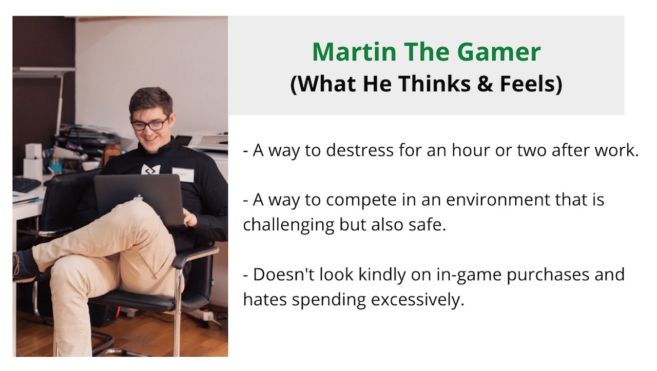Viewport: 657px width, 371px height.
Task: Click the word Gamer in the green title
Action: point(498,52)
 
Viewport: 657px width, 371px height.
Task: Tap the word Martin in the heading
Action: point(354,52)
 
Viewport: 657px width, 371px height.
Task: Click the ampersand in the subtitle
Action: point(485,84)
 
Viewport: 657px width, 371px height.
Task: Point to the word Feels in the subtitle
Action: point(528,84)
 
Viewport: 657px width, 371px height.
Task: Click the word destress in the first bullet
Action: point(360,150)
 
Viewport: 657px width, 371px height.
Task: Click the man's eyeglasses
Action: point(149,124)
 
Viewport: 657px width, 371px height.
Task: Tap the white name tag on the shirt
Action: point(183,175)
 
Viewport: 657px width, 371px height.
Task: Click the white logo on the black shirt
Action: point(151,170)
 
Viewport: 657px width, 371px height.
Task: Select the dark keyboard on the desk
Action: point(26,185)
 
